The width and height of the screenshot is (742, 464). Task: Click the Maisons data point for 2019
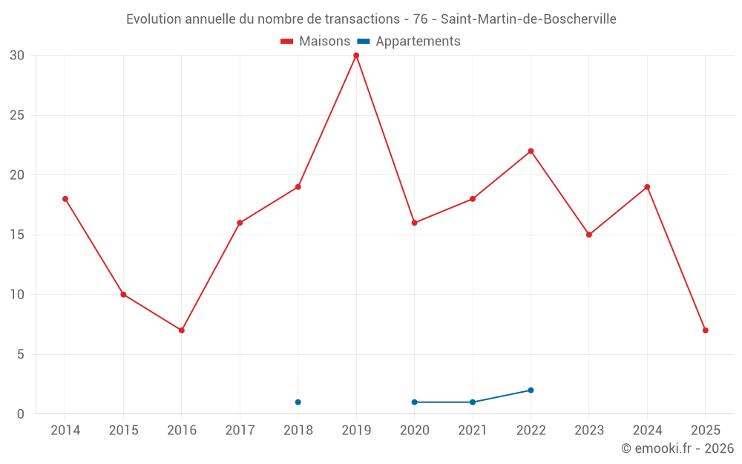point(356,56)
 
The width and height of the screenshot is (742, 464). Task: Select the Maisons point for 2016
point(182,330)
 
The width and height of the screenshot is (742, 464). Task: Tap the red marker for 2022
point(531,151)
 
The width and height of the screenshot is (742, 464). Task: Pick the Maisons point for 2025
point(705,330)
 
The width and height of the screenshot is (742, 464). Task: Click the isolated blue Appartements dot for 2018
point(298,402)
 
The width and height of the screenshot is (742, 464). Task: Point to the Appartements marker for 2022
point(531,391)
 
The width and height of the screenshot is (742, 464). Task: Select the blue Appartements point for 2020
point(414,402)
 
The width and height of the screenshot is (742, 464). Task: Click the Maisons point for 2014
point(65,199)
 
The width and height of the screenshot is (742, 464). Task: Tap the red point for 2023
point(589,235)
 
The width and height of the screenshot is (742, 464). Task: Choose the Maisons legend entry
point(315,42)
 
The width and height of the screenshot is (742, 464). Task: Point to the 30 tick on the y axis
point(17,56)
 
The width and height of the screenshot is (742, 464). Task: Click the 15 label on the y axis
point(17,235)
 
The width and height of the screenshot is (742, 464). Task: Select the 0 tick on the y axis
point(21,414)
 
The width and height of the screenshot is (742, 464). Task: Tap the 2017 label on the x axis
point(240,431)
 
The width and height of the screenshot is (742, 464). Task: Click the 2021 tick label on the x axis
point(473,431)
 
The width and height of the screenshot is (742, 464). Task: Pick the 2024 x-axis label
point(647,431)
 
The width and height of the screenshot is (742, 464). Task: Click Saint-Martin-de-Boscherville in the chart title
point(528,19)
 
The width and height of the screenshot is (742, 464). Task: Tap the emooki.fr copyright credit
point(677,448)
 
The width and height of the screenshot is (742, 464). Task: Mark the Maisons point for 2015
point(123,295)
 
